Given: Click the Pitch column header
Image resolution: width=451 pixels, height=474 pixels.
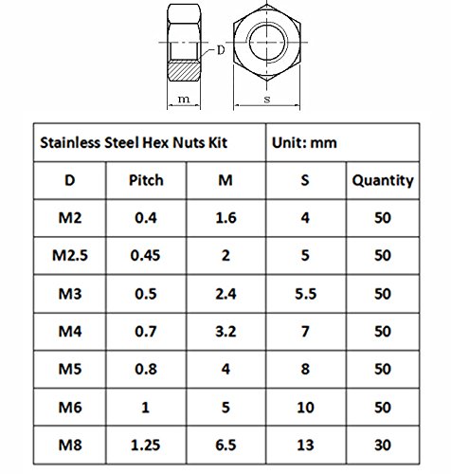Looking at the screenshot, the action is click(146, 180).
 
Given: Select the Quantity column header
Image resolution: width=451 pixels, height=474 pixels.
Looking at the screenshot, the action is click(383, 181).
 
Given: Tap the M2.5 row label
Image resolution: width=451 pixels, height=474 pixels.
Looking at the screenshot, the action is click(70, 255).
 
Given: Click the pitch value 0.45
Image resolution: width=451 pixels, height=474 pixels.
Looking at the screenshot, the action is click(146, 255).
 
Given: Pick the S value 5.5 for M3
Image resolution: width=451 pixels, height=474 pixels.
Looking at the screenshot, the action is click(305, 294).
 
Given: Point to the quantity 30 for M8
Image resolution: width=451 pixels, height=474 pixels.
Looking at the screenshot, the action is click(383, 445).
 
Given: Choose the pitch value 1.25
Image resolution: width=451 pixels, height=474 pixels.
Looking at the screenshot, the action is click(146, 445).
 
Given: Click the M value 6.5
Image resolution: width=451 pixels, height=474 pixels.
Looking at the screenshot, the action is click(225, 445).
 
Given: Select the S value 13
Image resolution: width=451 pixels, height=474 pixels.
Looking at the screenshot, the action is click(305, 445).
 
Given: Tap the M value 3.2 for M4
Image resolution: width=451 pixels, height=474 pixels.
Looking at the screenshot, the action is click(225, 332).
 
